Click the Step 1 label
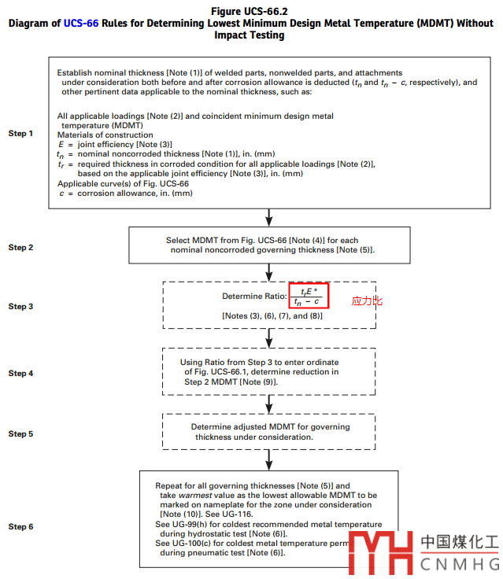coord(20,133)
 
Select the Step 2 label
coord(20,248)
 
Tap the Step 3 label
coord(20,306)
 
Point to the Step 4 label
coord(20,373)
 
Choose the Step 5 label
coord(20,433)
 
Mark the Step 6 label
coord(20,526)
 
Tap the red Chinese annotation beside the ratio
coord(367,301)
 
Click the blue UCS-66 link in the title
coord(81,23)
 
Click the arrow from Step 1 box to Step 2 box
coord(269,216)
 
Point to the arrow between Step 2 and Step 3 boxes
coord(269,272)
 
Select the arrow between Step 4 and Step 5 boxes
coord(269,404)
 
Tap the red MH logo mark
coord(381,551)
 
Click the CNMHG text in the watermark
coord(460,563)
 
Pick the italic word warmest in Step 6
coord(196,496)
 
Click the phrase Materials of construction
coord(105,135)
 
